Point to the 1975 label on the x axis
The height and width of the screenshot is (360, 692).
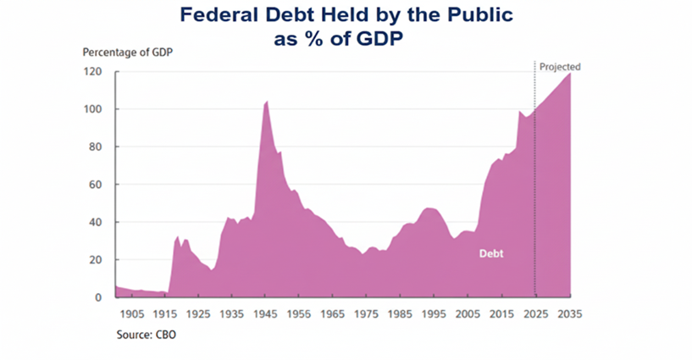click(x=367, y=313)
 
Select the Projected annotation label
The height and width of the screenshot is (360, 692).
click(x=559, y=67)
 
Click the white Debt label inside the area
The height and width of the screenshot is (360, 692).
click(x=492, y=252)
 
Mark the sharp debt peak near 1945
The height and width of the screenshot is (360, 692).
click(x=267, y=102)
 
